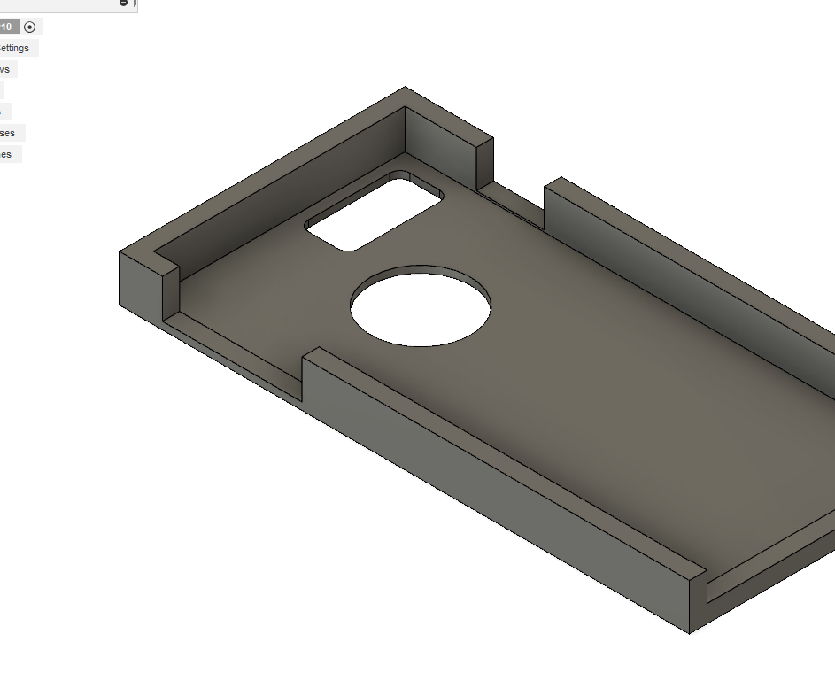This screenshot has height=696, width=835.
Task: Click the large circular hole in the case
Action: coord(421,305)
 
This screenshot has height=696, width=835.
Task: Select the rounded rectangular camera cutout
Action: coord(374,212)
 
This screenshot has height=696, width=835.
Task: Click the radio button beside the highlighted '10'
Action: coord(30,27)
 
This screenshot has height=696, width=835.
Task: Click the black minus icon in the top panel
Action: coord(123,4)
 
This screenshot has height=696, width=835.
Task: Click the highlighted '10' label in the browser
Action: coord(7,27)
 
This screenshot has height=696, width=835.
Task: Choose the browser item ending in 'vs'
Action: coord(5,69)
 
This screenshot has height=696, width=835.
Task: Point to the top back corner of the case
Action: coord(406,88)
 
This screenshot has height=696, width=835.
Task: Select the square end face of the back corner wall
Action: coord(484,165)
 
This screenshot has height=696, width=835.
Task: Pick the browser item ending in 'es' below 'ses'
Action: coord(6,154)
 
